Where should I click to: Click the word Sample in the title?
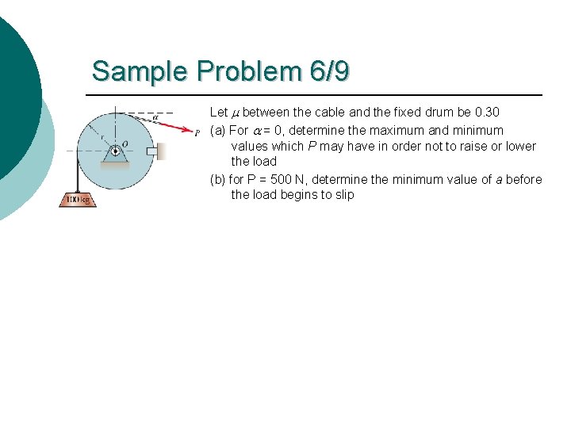pyautogui.click(x=141, y=71)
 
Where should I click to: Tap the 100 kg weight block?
pyautogui.click(x=78, y=199)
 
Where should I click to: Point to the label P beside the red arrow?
pyautogui.click(x=197, y=134)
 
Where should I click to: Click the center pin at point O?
pyautogui.click(x=116, y=147)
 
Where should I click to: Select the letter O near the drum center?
pyautogui.click(x=125, y=144)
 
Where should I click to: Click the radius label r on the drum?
pyautogui.click(x=102, y=136)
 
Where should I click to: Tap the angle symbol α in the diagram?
pyautogui.click(x=155, y=117)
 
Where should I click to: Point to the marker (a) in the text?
pyautogui.click(x=217, y=130)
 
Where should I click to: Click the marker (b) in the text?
pyautogui.click(x=217, y=179)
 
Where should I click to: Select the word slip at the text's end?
pyautogui.click(x=342, y=195)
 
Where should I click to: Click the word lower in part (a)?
pyautogui.click(x=520, y=146)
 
